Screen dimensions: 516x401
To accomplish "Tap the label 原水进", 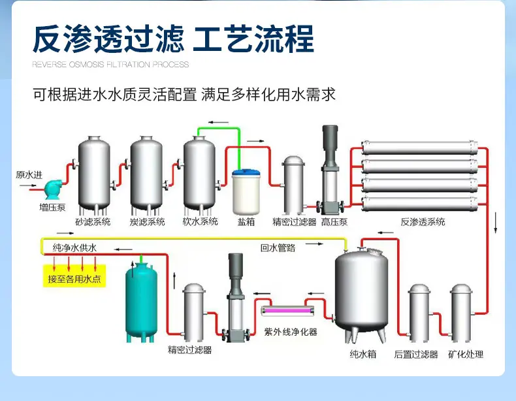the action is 29,174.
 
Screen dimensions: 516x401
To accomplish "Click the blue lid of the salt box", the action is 246,172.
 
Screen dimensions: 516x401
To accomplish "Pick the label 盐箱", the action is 246,221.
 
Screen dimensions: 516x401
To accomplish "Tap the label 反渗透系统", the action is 423,221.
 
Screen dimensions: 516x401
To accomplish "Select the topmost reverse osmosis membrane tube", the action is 419,148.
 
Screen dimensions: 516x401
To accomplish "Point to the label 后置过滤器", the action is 416,354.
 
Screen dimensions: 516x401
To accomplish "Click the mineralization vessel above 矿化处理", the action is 460,313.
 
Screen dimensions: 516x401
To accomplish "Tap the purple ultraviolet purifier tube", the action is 287,310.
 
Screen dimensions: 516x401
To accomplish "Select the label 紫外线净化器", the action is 291,332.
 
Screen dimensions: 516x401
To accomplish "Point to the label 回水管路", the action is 278,248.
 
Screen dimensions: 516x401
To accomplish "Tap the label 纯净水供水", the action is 74,248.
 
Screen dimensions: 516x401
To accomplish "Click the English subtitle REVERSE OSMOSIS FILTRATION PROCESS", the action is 110,65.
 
